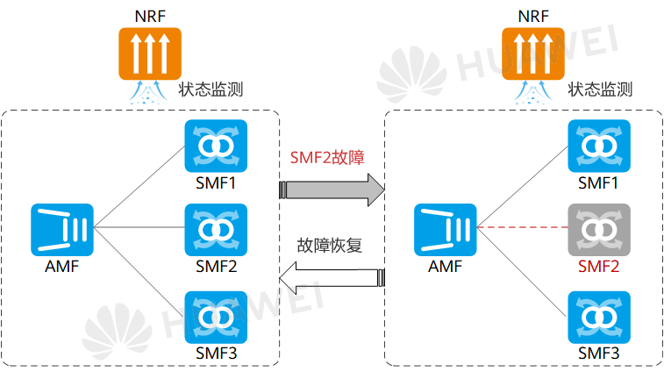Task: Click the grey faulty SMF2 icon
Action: (x=598, y=229)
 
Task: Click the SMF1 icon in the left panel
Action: (x=216, y=145)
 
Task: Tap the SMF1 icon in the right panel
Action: (x=598, y=145)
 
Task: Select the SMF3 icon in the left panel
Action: (x=216, y=315)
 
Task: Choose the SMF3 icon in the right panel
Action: (x=598, y=315)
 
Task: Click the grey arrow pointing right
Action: (x=332, y=189)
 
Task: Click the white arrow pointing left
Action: (x=332, y=278)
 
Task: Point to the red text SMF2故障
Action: (x=326, y=159)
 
